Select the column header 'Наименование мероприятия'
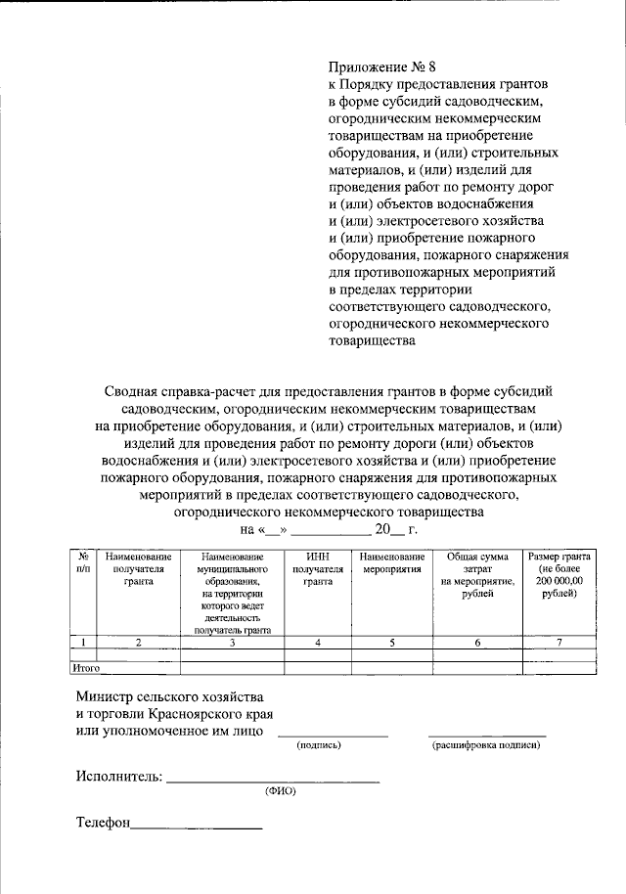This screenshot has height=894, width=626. coord(391,562)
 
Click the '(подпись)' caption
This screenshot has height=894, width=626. coord(319,745)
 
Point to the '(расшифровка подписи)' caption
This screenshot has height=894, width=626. coord(486,745)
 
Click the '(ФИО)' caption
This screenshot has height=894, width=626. coord(280,790)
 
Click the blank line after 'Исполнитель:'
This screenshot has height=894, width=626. coord(273,781)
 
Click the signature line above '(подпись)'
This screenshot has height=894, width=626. coord(333,734)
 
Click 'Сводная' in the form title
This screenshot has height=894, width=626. coord(133,390)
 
